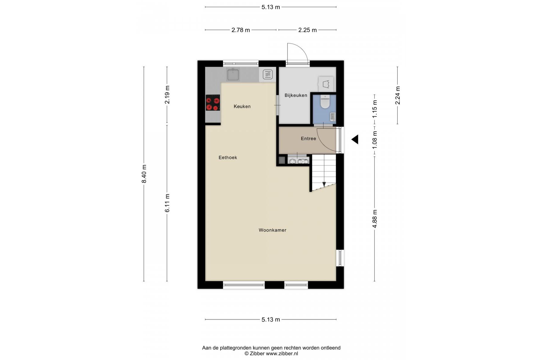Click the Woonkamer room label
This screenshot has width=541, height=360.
[272, 230]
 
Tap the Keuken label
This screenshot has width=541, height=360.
[242, 106]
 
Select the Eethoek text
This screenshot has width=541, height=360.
[228, 157]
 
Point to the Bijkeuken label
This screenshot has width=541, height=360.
[296, 95]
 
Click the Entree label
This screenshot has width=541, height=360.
[308, 139]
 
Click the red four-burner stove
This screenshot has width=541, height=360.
[213, 103]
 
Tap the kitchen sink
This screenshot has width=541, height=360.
[233, 74]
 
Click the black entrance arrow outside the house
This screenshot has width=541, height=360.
[355, 139]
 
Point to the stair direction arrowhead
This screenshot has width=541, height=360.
[324, 184]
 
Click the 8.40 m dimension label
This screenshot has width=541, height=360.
[144, 174]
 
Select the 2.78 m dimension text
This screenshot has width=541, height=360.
[241, 30]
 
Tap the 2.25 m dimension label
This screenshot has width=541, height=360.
[308, 30]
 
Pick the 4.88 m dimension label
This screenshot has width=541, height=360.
[374, 219]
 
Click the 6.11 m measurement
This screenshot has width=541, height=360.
[167, 203]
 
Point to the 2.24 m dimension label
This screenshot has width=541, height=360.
[398, 95]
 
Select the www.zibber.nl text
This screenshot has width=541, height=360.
[282, 354]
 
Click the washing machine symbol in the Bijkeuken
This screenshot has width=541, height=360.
[326, 84]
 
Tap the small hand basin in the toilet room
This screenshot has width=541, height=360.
[332, 117]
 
